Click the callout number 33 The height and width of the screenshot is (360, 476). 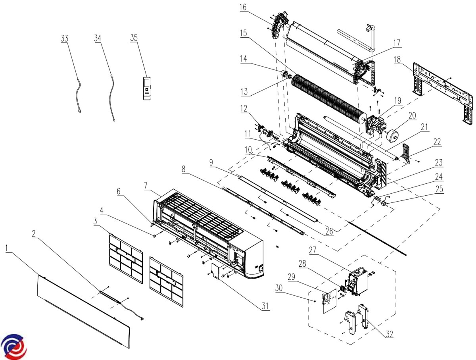[65, 39]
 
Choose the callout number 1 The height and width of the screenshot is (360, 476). [7, 248]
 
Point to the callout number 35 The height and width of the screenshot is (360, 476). [134, 38]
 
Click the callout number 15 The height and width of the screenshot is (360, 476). [243, 33]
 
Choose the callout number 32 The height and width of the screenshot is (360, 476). [389, 334]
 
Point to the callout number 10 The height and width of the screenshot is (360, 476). [248, 149]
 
